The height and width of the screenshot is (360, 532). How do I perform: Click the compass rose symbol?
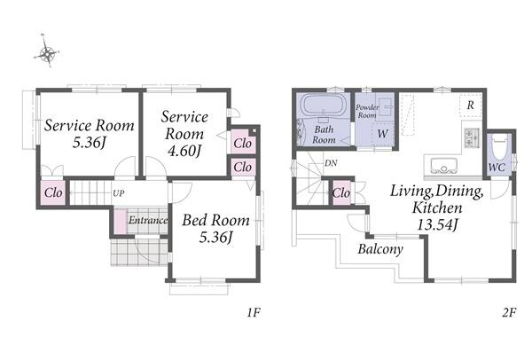point(47,52)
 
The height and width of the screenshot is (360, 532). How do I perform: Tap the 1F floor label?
point(254,312)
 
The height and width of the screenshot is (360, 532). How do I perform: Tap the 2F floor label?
point(509,312)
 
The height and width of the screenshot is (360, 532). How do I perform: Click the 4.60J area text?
point(184,150)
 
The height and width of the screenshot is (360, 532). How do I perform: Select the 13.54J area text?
point(438,224)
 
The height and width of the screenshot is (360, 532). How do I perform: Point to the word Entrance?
point(148,220)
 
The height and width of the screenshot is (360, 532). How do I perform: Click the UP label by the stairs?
point(119,193)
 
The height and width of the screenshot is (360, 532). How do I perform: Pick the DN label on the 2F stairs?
point(331,163)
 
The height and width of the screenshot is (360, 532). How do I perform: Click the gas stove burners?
point(471,138)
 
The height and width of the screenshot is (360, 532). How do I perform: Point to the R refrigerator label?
point(470,106)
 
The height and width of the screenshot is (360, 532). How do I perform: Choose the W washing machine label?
point(382,134)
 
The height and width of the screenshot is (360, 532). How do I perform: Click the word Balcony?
point(380,249)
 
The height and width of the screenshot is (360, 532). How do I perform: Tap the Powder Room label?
point(367,112)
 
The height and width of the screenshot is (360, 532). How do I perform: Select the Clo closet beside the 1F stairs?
point(53,193)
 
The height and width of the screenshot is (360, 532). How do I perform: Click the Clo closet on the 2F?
point(341,193)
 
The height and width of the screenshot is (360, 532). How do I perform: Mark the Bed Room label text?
point(215,221)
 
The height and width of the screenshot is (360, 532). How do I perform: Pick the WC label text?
point(497,167)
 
